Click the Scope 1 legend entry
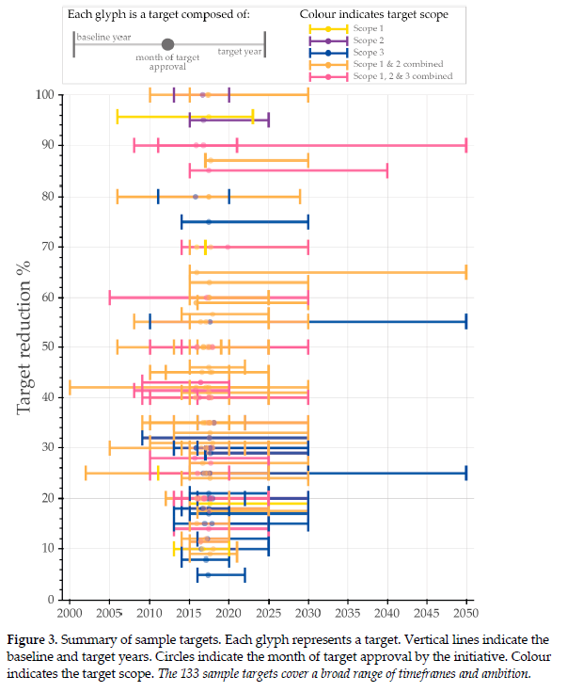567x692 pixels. pos(366,29)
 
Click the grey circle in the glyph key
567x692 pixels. pos(167,44)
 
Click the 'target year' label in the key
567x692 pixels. pos(239,52)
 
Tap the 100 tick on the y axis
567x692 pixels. pos(45,94)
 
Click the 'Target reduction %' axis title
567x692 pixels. pos(25,346)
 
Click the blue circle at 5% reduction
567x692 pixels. pos(207,574)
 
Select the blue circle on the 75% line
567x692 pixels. pos(209,221)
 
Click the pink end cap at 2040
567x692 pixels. pos(387,170)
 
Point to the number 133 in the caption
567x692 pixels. pos(228,674)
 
